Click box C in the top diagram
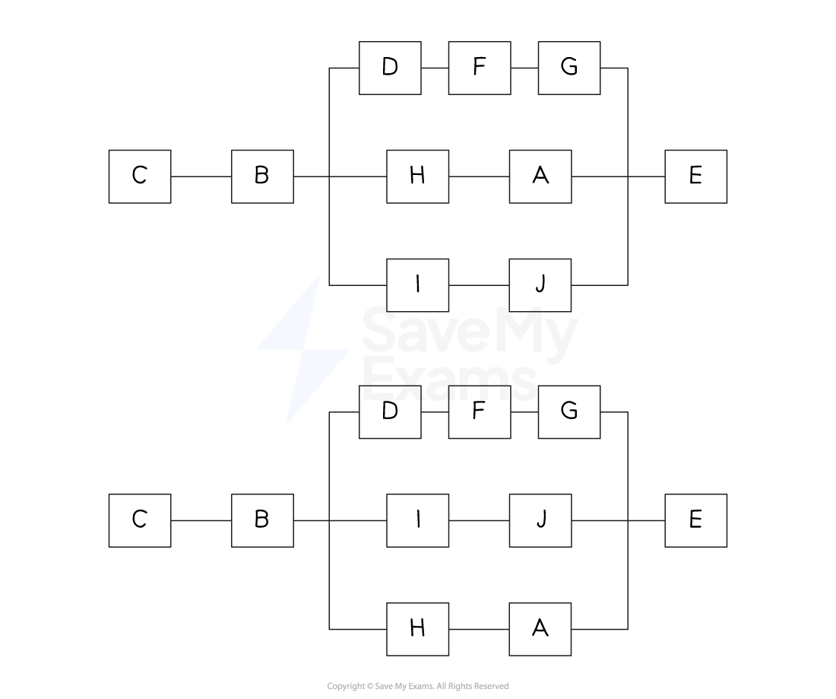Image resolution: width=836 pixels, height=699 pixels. (140, 176)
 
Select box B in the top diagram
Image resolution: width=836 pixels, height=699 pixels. (262, 176)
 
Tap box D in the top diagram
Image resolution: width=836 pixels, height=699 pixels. (390, 68)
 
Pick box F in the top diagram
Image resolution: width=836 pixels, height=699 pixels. (479, 68)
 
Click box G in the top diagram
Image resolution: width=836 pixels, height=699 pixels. (568, 68)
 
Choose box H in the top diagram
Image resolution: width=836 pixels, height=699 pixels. (417, 176)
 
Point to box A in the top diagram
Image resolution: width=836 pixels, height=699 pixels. (540, 176)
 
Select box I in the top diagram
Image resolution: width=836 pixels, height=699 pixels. (417, 285)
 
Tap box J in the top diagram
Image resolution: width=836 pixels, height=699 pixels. (540, 285)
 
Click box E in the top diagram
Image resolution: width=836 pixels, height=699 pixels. (695, 176)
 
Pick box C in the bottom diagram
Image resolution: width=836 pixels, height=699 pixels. (140, 520)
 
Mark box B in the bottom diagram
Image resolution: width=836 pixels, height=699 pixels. (262, 520)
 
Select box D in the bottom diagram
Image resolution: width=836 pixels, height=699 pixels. (390, 411)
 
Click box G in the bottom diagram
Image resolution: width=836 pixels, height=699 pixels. (568, 411)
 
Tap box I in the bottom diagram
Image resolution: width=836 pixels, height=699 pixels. (417, 520)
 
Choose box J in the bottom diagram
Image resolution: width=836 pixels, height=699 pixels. (540, 520)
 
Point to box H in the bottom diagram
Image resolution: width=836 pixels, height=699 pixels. (417, 629)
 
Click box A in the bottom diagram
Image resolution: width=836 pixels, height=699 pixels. (540, 629)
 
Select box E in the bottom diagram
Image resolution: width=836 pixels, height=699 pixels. (695, 520)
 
